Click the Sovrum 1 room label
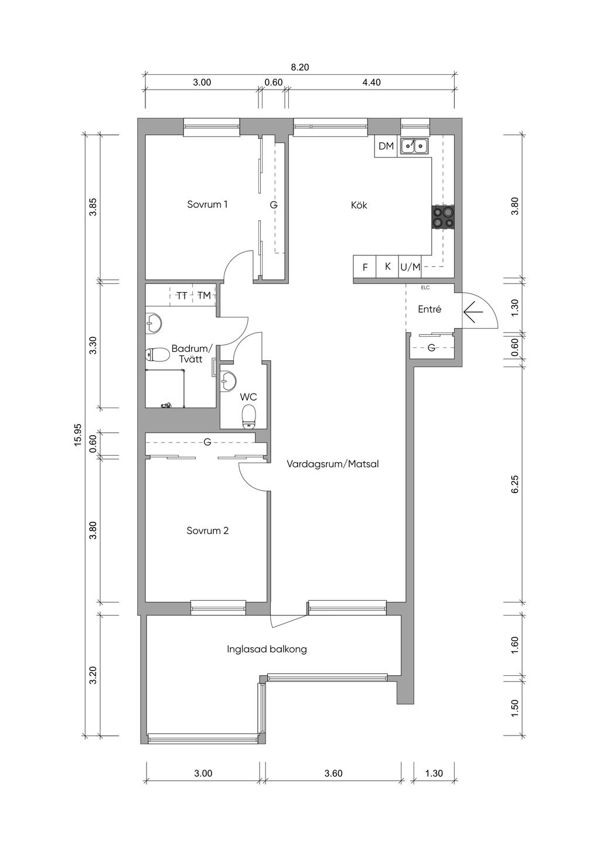tap(207, 204)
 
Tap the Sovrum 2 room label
tap(207, 531)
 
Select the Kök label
tap(359, 205)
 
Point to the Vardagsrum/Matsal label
tap(333, 464)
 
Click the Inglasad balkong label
tap(267, 649)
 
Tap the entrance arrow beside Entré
tap(473, 312)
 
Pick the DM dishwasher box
tap(386, 146)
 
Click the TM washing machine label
tap(204, 295)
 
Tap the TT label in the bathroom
tap(182, 295)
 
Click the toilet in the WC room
tap(249, 417)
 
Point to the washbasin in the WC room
tap(228, 379)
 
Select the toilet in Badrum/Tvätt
tap(157, 355)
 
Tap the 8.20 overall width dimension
tap(299, 67)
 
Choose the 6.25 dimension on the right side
tap(514, 484)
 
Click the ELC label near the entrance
tap(425, 288)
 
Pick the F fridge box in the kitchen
tap(365, 267)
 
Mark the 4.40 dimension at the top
tap(371, 83)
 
